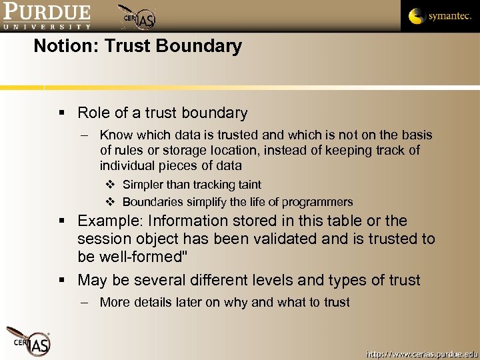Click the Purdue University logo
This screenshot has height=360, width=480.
point(46,16)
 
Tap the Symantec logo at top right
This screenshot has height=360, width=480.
point(439,15)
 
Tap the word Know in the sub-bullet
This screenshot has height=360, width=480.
point(116,135)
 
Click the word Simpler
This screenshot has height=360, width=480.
point(143,185)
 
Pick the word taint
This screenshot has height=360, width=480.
point(247,185)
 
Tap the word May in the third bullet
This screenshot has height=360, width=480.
point(93,280)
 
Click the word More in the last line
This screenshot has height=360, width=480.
point(115,302)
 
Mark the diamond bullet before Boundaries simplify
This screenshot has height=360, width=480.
point(111,202)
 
